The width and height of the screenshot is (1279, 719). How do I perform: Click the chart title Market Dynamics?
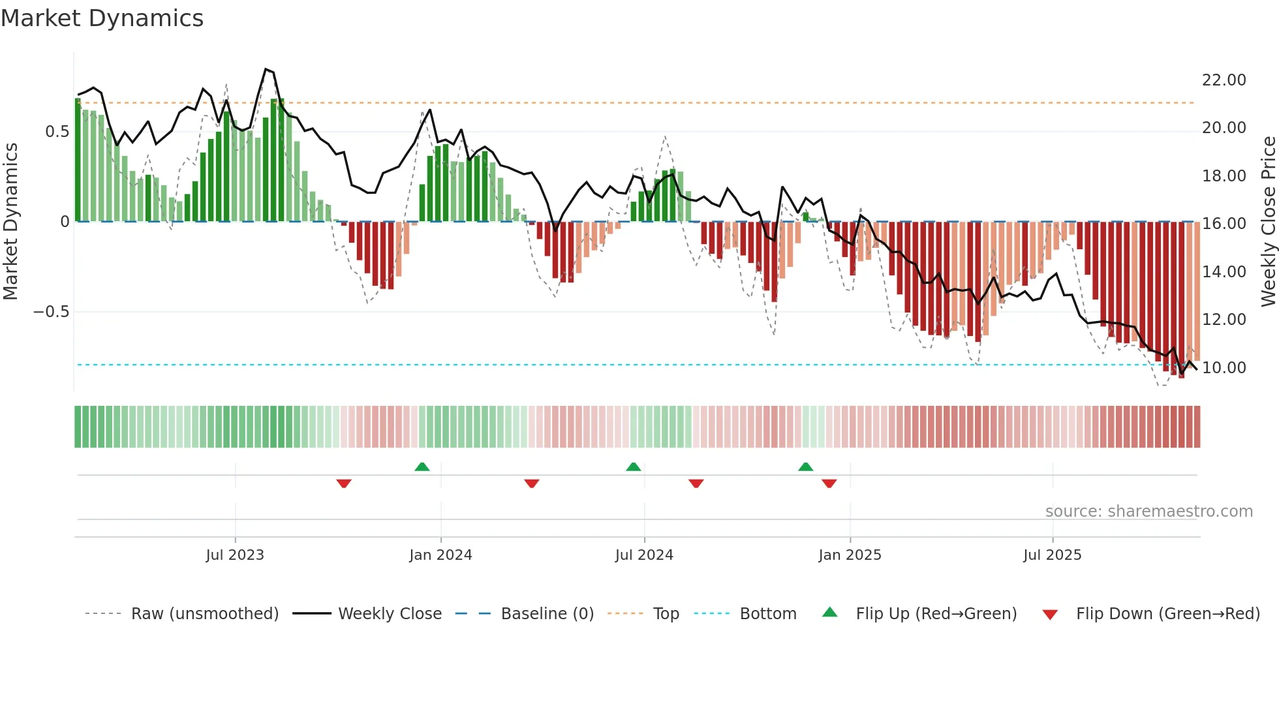(x=102, y=18)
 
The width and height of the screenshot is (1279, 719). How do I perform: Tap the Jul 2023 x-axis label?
(x=235, y=555)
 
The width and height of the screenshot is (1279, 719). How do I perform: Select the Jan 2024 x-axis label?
(x=440, y=555)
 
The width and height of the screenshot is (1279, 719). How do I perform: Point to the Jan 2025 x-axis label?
(x=850, y=555)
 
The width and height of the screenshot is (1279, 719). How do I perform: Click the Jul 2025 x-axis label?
(x=1052, y=555)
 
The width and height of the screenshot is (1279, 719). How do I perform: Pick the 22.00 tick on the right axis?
(x=1224, y=80)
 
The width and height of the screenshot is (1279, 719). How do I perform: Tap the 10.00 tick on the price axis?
(x=1224, y=368)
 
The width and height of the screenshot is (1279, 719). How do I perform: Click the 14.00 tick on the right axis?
(x=1224, y=272)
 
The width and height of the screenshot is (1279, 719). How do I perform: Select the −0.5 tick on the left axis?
(x=51, y=312)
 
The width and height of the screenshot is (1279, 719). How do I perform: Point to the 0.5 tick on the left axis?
(x=57, y=132)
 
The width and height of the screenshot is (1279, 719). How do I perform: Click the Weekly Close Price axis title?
(x=1268, y=222)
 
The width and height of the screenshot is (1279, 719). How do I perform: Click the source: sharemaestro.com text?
(x=1148, y=512)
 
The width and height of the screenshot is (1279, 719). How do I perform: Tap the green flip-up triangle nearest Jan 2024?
(x=422, y=467)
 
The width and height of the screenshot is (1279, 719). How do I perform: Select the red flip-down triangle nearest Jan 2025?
(x=829, y=483)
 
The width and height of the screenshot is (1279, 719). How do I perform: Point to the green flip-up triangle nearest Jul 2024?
(x=634, y=467)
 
